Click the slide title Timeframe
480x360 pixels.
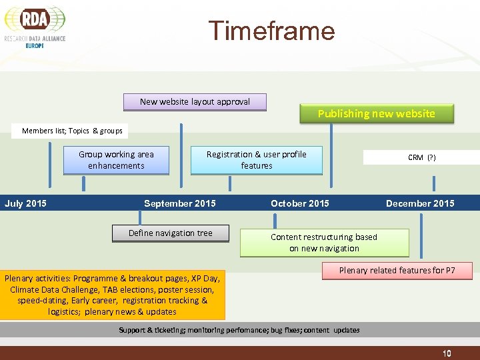[x=271, y=31]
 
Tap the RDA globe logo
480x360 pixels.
[x=35, y=20]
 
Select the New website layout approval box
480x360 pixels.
[x=195, y=102]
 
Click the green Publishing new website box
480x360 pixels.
[x=376, y=113]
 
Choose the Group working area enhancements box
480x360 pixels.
[x=116, y=160]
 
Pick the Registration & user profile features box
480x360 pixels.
[x=256, y=160]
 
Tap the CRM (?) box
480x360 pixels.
[x=421, y=157]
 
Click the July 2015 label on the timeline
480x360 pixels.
[x=26, y=203]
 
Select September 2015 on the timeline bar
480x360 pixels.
[x=180, y=203]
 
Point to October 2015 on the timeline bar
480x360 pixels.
[x=300, y=203]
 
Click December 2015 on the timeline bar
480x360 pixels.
[x=420, y=203]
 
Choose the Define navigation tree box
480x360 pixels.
[x=171, y=233]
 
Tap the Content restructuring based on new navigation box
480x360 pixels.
[x=324, y=243]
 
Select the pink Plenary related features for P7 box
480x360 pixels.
[x=397, y=271]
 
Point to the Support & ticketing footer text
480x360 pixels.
[x=239, y=330]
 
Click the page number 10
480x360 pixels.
[x=447, y=353]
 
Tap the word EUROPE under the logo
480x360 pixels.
[x=35, y=45]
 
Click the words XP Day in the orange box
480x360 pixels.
[x=205, y=278]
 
